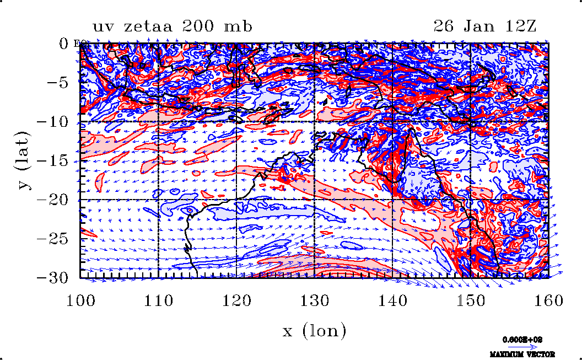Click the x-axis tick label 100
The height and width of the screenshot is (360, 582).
click(80, 301)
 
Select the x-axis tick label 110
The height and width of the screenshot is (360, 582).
click(158, 301)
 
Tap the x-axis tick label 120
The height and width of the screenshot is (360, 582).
click(236, 301)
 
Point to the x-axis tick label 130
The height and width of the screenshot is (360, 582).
click(314, 301)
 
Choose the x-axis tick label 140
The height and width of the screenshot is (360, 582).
click(392, 301)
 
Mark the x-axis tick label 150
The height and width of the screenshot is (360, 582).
click(470, 301)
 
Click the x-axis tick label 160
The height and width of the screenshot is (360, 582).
click(548, 301)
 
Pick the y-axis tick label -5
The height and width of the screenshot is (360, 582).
click(60, 83)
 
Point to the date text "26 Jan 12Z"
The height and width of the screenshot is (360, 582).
click(481, 26)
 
